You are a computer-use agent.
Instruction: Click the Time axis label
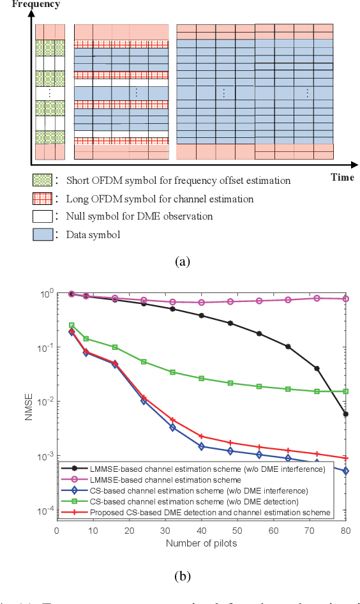pyautogui.click(x=342, y=177)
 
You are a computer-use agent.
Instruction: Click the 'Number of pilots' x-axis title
pyautogui.click(x=201, y=543)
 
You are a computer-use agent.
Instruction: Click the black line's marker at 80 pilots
pyautogui.click(x=345, y=414)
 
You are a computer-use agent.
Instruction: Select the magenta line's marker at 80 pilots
pyautogui.click(x=345, y=299)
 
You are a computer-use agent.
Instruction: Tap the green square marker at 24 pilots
pyautogui.click(x=144, y=362)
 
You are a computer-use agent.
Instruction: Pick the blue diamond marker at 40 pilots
pyautogui.click(x=201, y=447)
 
